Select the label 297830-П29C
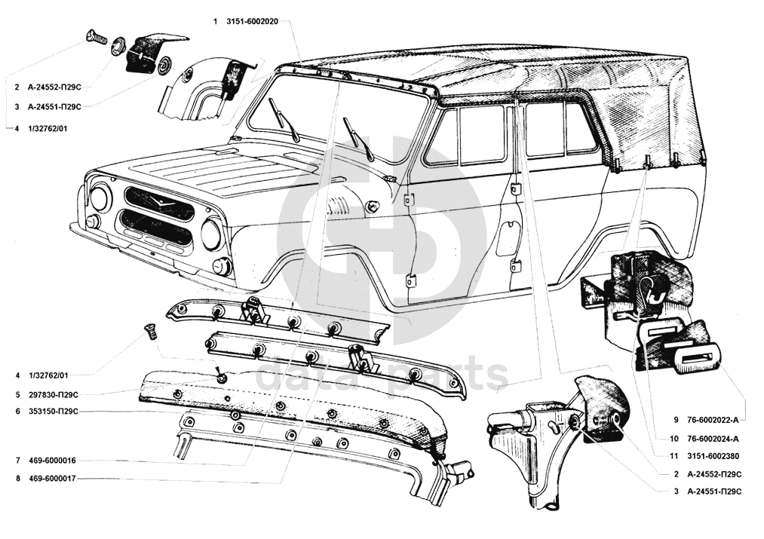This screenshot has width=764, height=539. click(53, 394)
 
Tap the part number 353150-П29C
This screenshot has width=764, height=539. click(53, 412)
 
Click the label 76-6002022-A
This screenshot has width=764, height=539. click(713, 419)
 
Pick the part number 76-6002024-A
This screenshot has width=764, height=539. click(713, 438)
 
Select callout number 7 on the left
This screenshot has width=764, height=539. click(17, 460)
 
